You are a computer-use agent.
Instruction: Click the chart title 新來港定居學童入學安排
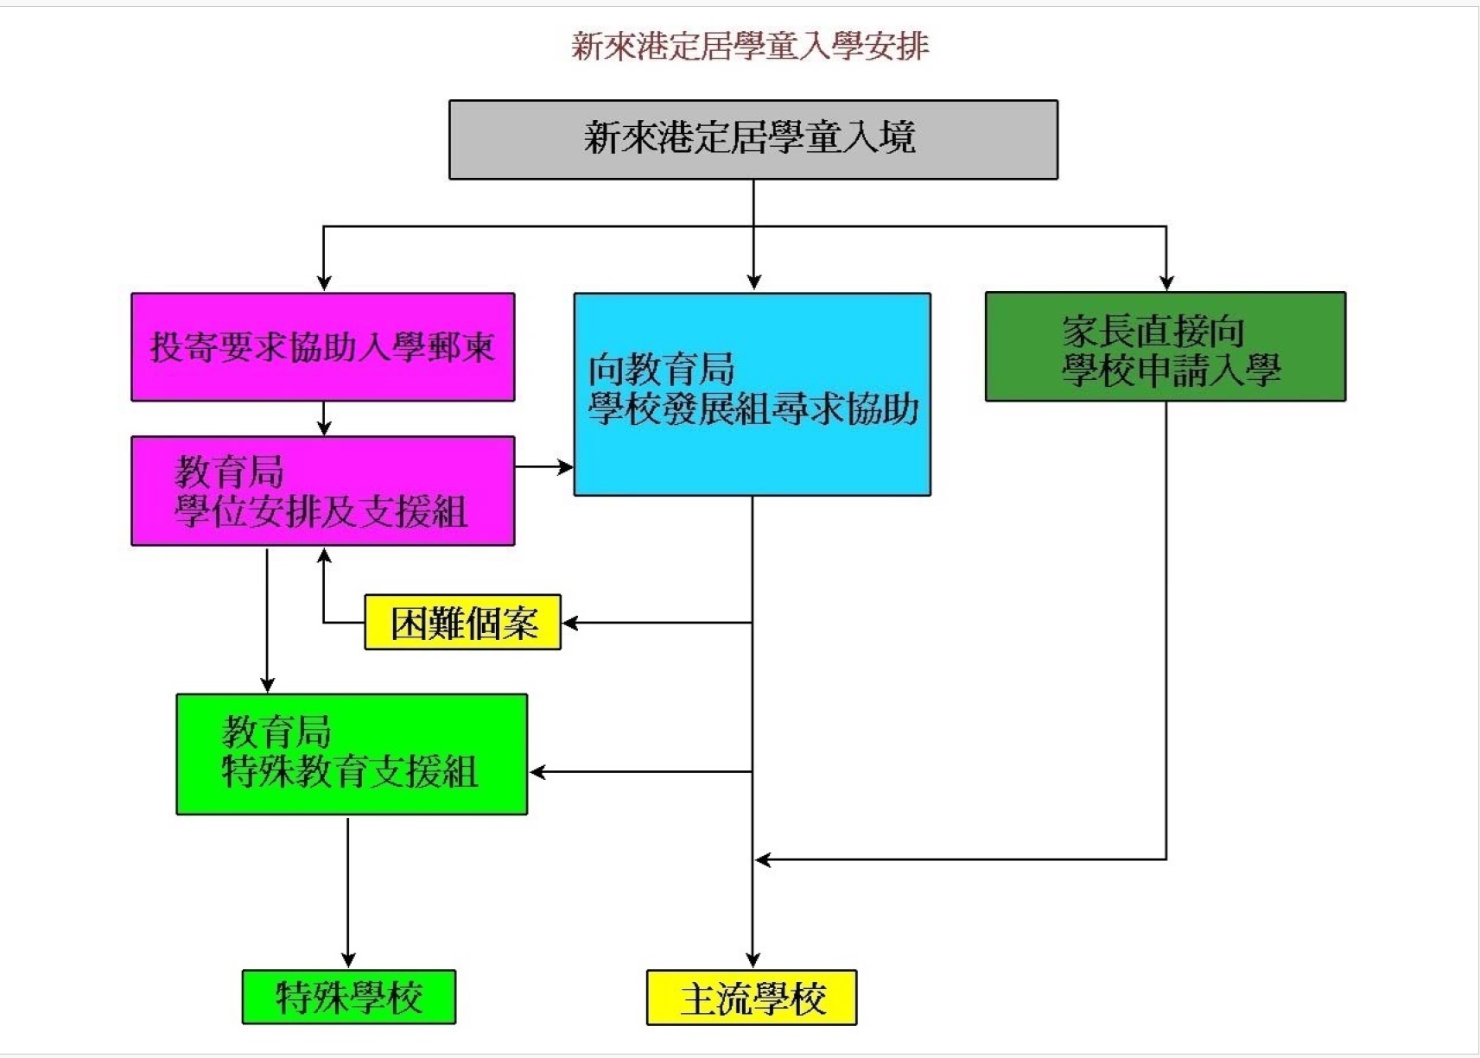tap(749, 47)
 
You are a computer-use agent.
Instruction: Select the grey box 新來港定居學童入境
tap(753, 140)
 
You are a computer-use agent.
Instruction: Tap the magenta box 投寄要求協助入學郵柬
tap(322, 347)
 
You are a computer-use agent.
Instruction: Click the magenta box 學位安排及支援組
tap(322, 491)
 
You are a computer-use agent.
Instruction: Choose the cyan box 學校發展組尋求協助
tap(752, 395)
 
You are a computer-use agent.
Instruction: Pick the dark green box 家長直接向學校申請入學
tap(1165, 347)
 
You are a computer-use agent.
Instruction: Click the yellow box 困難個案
tap(462, 623)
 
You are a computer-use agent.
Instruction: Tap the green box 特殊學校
tap(348, 998)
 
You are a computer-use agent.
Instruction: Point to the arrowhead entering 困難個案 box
tap(570, 623)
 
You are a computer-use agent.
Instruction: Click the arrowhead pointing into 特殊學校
tap(348, 960)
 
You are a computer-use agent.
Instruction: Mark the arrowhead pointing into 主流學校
tap(753, 960)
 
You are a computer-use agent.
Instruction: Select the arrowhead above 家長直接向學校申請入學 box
tap(1166, 282)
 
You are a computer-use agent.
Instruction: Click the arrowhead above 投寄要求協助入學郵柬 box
tap(324, 282)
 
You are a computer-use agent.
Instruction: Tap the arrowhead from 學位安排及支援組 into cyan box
tap(565, 467)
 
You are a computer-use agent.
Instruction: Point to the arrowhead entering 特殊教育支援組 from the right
tap(537, 772)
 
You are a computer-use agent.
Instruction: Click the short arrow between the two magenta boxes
tap(324, 420)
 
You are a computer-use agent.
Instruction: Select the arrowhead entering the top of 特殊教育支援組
tap(267, 685)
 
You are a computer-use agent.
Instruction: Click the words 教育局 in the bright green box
tap(276, 732)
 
